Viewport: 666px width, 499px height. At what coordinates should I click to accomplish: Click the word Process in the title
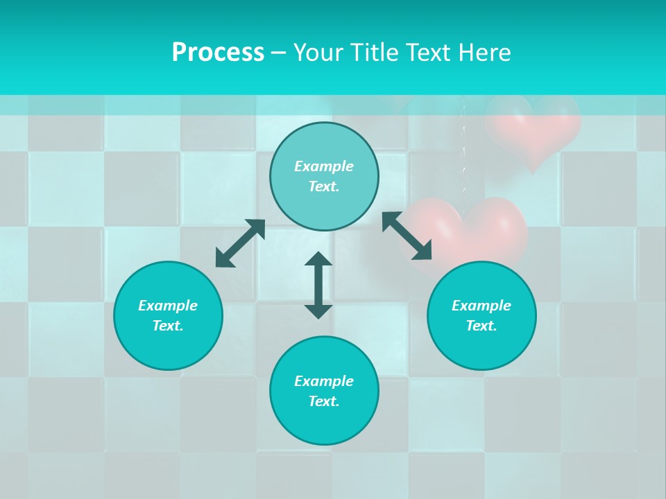coord(218,53)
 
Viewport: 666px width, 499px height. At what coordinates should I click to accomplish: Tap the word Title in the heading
coord(373,53)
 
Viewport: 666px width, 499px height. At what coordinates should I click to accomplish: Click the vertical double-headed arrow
coord(318,285)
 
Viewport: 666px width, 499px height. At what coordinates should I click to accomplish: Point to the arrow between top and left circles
coord(240,243)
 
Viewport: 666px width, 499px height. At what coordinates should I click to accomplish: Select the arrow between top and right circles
coord(407,236)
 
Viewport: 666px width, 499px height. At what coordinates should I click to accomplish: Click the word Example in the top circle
coord(324,166)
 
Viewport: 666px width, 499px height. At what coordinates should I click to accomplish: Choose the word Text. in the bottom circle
coord(324,401)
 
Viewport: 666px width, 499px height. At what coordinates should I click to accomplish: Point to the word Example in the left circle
coord(168,306)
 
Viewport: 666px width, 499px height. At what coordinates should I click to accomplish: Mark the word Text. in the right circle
coord(481,326)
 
